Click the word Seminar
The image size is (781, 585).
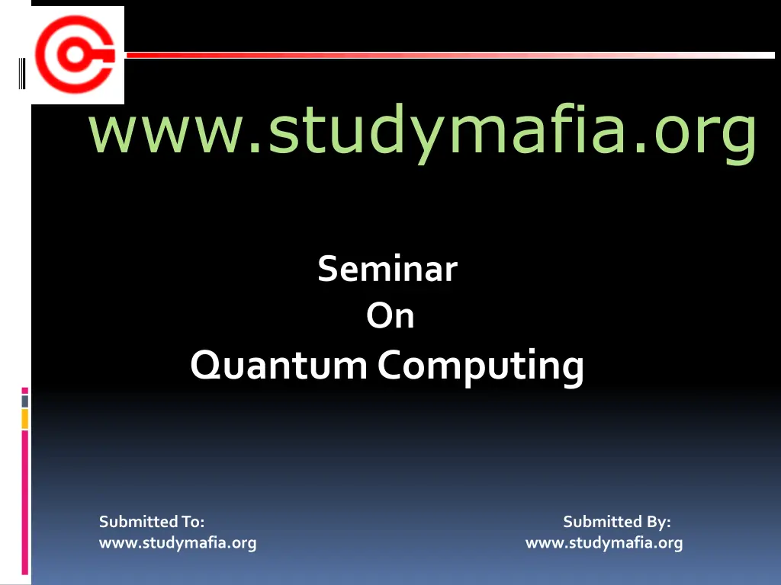pos(387,269)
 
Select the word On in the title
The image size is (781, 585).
pos(390,316)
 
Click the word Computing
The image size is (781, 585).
pos(481,366)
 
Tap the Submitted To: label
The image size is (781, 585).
pos(152,522)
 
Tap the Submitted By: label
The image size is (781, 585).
pos(616,522)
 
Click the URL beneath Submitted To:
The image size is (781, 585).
pos(178,543)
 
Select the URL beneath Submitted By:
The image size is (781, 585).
pos(604,543)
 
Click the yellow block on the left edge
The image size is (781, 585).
pos(24,418)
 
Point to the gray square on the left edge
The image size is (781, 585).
pos(24,401)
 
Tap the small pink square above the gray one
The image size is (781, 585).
pos(24,390)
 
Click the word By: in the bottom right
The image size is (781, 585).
pos(658,522)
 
